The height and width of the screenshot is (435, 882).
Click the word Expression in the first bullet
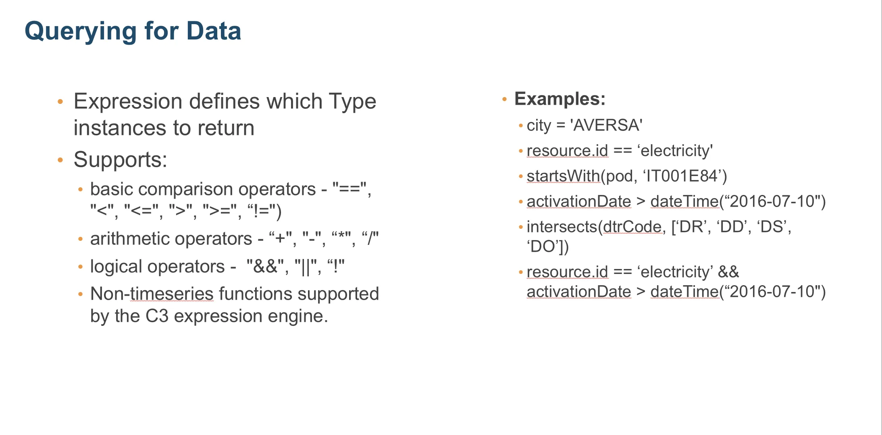point(127,101)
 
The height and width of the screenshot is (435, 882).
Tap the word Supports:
point(120,159)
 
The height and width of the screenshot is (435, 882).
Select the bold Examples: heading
point(560,99)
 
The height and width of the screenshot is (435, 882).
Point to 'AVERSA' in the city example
point(606,125)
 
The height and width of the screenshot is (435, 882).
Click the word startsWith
point(563,176)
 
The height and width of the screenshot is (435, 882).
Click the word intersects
point(562,227)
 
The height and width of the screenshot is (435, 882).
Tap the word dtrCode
point(632,227)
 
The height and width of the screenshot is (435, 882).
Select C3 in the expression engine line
point(157,316)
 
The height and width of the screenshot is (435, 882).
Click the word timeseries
point(172,294)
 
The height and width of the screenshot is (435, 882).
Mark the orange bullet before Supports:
point(60,160)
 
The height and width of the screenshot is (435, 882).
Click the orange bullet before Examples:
point(504,99)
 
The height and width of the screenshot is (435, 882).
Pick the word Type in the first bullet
point(352,101)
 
